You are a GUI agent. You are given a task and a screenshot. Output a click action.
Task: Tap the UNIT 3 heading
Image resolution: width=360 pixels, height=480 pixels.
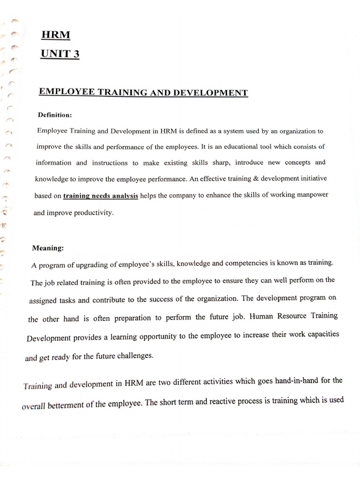pos(60,54)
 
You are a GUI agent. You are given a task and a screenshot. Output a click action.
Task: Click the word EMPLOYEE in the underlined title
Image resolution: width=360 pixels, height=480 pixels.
pos(66,92)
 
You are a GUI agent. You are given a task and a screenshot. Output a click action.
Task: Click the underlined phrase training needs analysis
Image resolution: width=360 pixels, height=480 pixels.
pos(100,196)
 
